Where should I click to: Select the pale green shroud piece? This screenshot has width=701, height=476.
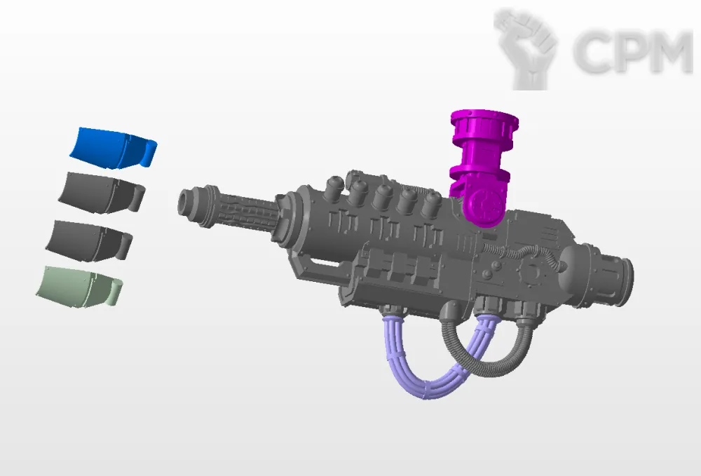79,286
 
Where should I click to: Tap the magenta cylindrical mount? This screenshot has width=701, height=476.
483,165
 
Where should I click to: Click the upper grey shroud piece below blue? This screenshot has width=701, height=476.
101,193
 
